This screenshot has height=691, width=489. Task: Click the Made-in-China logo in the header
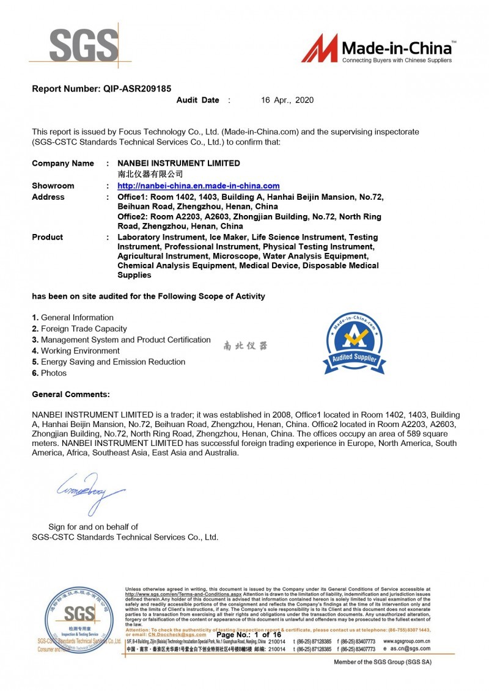click(x=378, y=49)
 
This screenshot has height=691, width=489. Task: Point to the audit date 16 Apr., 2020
click(x=287, y=100)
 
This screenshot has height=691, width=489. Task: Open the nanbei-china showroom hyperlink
click(x=199, y=186)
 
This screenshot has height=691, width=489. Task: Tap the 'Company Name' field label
click(x=63, y=163)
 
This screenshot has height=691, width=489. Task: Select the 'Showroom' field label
click(x=53, y=186)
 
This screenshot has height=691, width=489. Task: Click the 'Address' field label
click(x=48, y=197)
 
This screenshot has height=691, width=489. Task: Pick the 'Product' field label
click(x=48, y=237)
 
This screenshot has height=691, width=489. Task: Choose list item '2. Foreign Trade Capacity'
click(x=79, y=329)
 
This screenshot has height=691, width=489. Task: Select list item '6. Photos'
click(x=50, y=373)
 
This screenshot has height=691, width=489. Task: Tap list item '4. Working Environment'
click(x=76, y=351)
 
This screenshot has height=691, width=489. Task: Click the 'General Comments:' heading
click(x=71, y=395)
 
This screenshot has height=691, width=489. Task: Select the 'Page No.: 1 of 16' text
click(x=249, y=635)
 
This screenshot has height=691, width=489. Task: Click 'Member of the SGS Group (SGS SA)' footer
click(x=382, y=662)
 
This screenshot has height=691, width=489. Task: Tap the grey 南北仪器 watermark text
click(x=245, y=346)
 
